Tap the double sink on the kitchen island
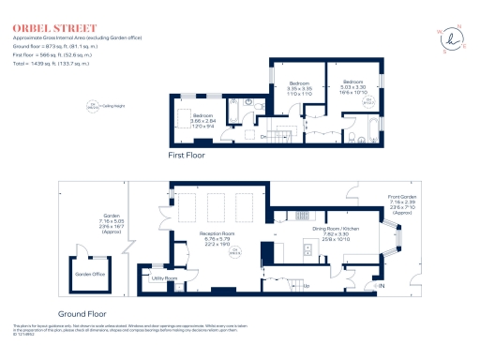[308, 249]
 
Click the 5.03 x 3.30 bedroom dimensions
[352, 88]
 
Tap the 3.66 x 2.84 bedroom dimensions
[204, 120]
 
